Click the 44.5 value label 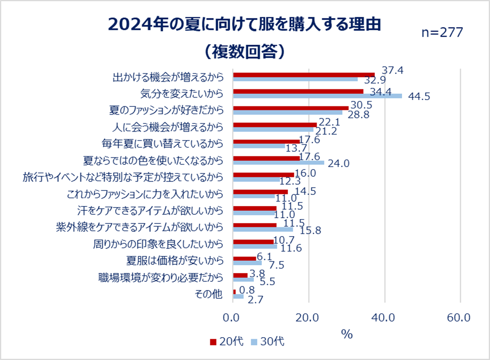(419, 97)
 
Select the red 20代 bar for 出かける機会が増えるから (304, 75)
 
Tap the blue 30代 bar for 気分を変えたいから (318, 96)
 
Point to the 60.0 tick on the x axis (458, 318)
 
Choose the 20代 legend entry (226, 342)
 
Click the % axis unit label (346, 334)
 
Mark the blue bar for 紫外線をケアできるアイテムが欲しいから (263, 229)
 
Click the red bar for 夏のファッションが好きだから (291, 108)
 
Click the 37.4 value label (393, 70)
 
